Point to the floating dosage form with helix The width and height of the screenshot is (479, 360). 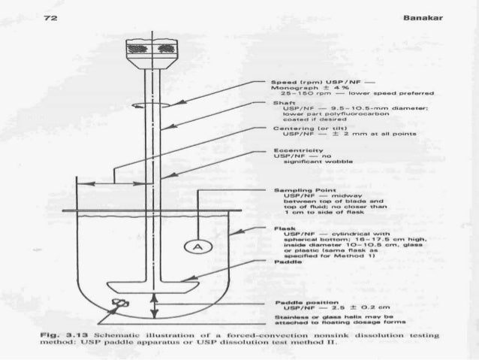[x=118, y=304]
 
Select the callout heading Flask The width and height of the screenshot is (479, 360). [x=270, y=227]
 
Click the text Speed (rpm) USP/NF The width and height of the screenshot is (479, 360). [x=302, y=80]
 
